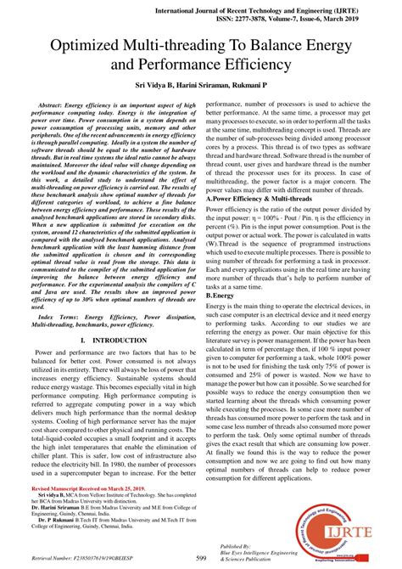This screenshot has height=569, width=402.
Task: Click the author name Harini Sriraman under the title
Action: tap(214, 88)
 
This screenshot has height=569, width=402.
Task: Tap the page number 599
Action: tap(201, 557)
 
